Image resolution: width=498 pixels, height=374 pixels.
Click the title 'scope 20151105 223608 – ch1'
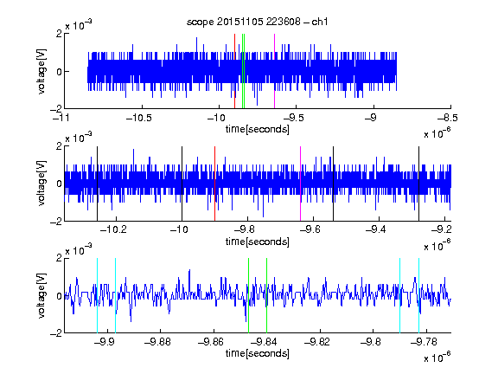click(x=257, y=22)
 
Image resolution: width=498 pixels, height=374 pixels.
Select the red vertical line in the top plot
click(x=234, y=71)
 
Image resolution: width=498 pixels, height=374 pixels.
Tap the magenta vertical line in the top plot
click(x=274, y=71)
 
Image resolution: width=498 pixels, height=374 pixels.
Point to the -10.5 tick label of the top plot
click(x=139, y=118)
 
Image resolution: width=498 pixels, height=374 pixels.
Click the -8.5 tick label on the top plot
click(x=447, y=118)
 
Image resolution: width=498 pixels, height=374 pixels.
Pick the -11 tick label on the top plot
click(x=61, y=118)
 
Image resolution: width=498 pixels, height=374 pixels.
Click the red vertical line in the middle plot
click(x=215, y=184)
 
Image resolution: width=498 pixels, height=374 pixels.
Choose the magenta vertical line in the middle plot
click(x=301, y=184)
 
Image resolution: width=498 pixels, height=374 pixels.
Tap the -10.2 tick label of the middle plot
click(x=113, y=229)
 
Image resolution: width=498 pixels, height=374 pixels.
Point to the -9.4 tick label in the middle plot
click(x=376, y=229)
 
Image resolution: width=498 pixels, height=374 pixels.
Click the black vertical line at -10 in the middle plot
click(x=182, y=184)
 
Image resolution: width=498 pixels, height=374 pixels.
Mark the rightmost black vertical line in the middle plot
click(x=419, y=184)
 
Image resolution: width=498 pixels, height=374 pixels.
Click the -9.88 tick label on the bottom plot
click(x=157, y=342)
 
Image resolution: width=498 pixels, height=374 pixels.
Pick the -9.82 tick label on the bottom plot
click(x=317, y=342)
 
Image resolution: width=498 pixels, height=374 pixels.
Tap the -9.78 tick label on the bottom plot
click(x=424, y=342)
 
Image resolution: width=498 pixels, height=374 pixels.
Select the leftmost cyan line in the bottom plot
click(x=97, y=295)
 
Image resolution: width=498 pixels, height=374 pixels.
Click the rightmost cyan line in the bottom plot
click(x=419, y=295)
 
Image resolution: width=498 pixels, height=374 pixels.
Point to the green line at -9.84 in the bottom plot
click(x=267, y=295)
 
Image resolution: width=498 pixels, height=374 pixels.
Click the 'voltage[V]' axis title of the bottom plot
click(x=41, y=295)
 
